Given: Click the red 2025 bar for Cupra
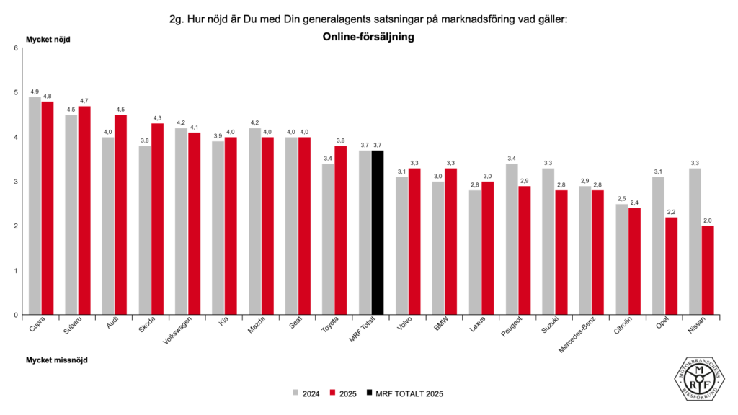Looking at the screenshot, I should (48, 208).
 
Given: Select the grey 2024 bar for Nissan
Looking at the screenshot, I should (695, 241).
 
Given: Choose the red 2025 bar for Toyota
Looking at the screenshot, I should (342, 231).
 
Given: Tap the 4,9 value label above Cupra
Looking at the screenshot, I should (35, 92).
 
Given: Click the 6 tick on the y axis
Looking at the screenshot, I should (16, 48).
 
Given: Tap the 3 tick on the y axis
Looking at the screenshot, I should (16, 182).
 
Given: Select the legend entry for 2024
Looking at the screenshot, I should (306, 393).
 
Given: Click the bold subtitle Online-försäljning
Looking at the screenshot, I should (368, 38).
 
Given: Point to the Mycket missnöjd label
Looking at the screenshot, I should (57, 360).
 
